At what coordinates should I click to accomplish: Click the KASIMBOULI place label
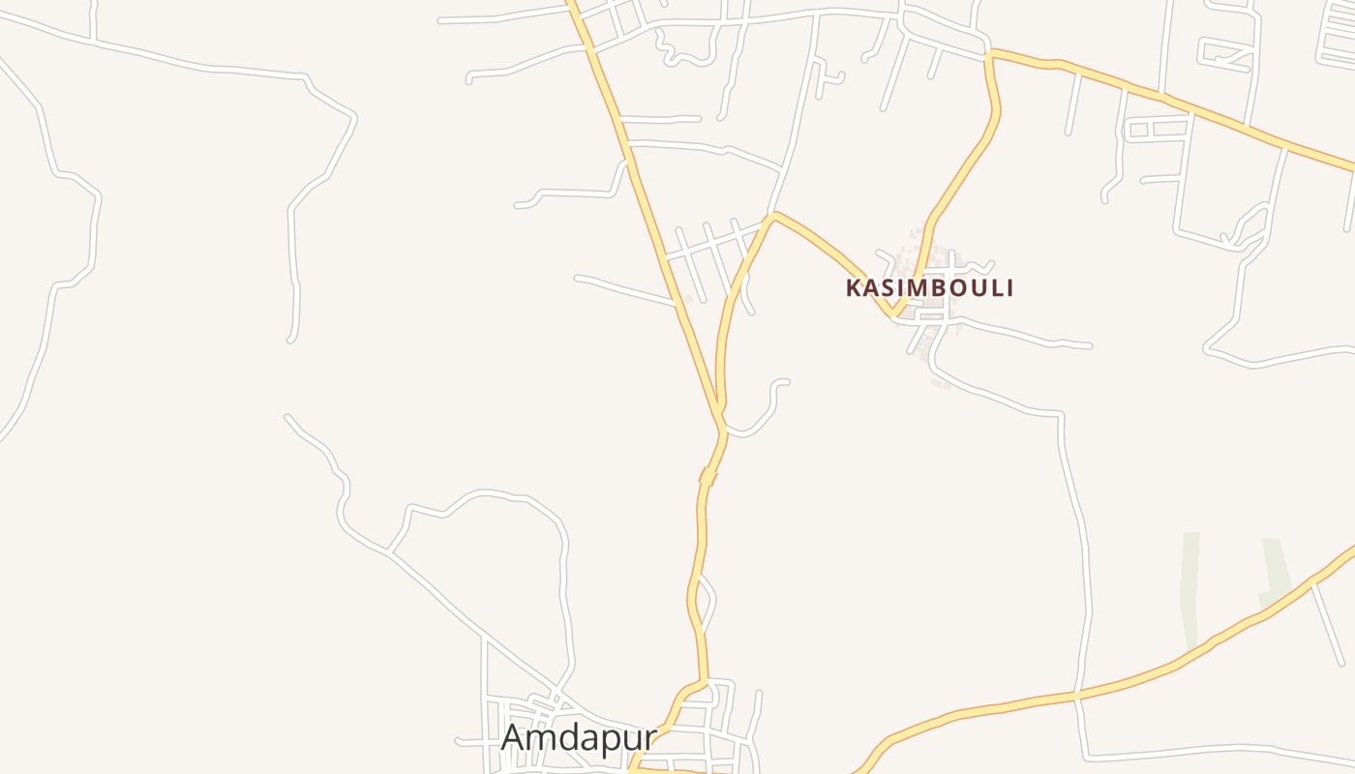coord(929,287)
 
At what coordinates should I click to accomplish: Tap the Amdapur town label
coord(578,737)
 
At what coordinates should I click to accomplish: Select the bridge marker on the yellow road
coord(708,476)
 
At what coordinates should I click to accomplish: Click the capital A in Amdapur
coord(514,737)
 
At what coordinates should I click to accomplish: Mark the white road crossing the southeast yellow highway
coord(1076,695)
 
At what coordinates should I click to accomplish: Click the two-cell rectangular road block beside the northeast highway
coord(1158,129)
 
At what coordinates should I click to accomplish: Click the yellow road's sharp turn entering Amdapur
coord(705,681)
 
